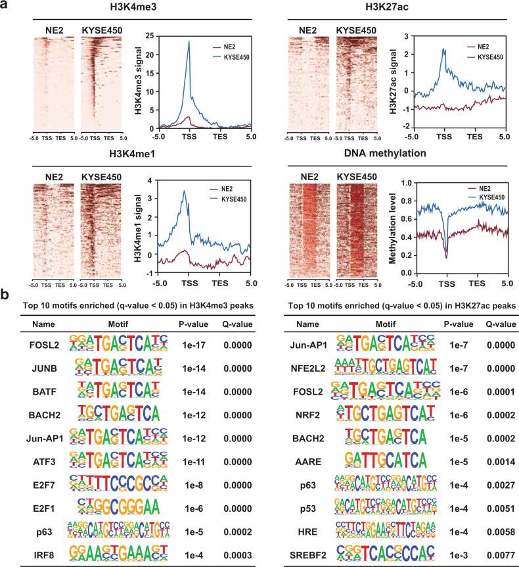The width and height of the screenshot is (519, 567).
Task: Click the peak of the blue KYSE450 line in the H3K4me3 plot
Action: click(x=189, y=42)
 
